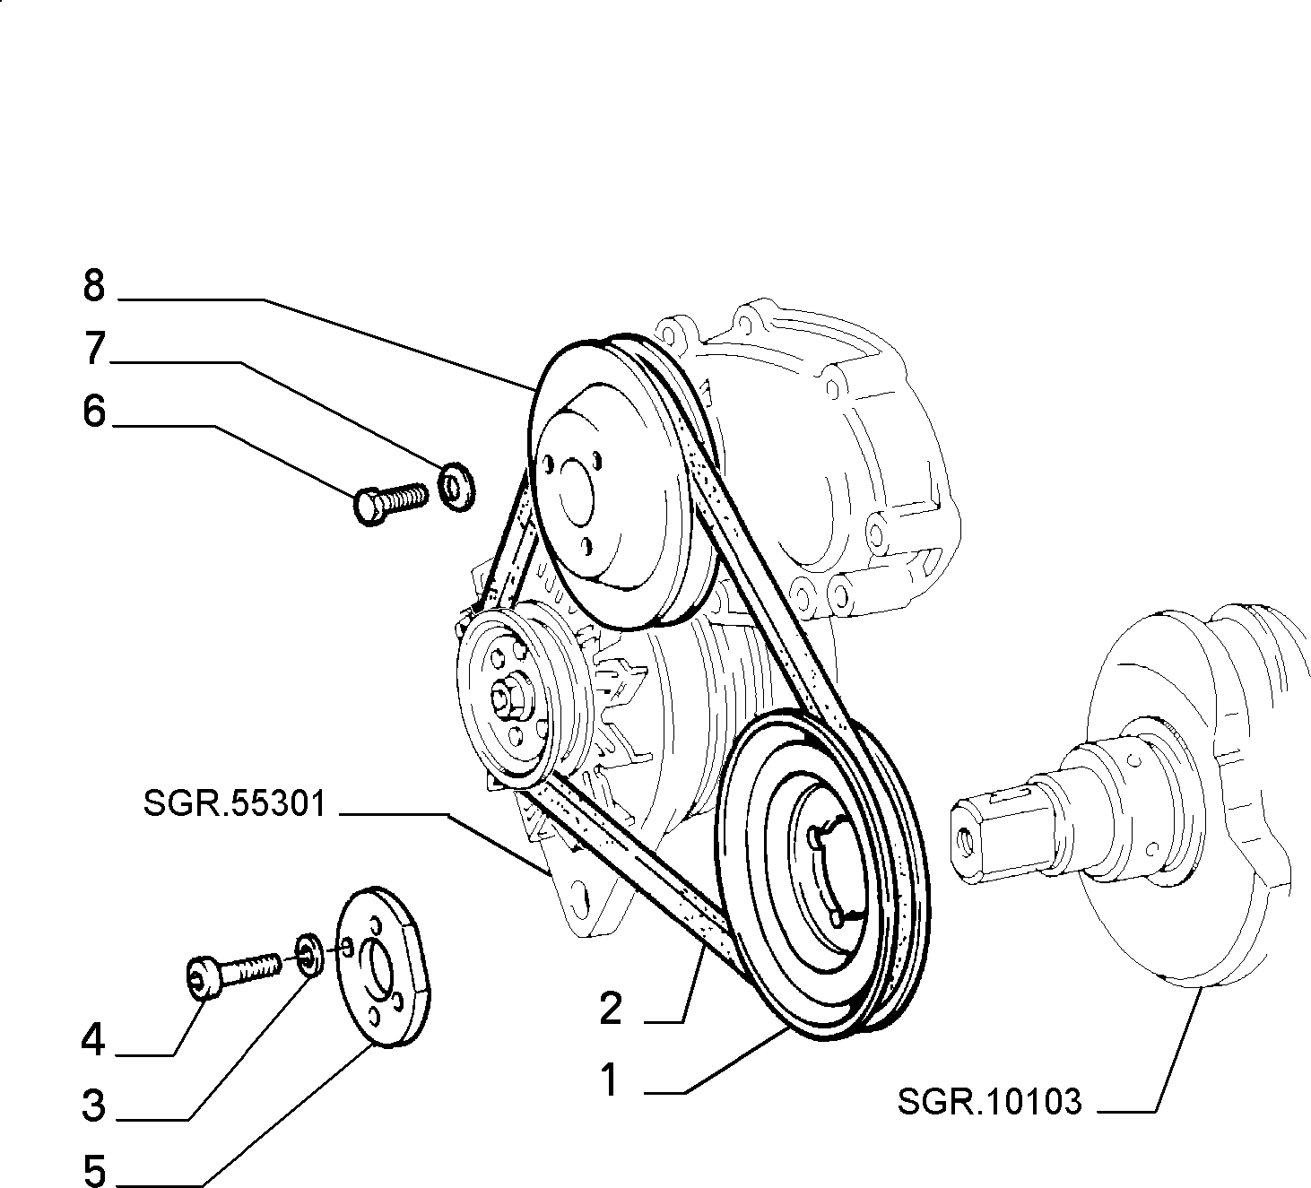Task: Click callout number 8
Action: click(94, 285)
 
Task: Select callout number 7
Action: click(95, 349)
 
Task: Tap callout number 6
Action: click(94, 412)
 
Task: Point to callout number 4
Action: click(92, 1040)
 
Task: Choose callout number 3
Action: click(94, 1106)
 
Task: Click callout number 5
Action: click(95, 1170)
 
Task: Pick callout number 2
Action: click(611, 1009)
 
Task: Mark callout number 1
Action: click(609, 1080)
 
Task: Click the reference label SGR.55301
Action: click(234, 803)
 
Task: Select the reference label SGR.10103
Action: click(989, 1102)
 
